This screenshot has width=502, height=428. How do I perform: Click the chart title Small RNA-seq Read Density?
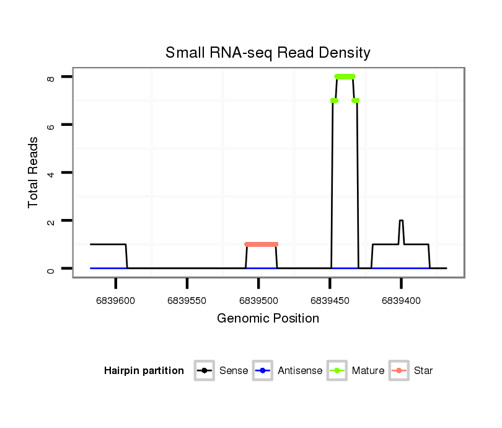(x=268, y=53)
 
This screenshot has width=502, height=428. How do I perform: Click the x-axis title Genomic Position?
(x=268, y=319)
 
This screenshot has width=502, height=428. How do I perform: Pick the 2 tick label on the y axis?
(x=51, y=221)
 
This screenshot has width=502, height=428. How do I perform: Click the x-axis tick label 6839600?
(x=116, y=301)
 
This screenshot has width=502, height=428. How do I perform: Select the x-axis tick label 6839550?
(x=187, y=301)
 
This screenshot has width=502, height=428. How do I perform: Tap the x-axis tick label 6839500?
(x=258, y=301)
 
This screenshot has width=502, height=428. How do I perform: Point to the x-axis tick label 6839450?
(x=330, y=301)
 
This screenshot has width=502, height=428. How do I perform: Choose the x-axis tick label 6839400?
(x=401, y=301)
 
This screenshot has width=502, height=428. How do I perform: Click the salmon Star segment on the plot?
(x=261, y=244)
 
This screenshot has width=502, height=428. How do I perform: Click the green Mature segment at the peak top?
(x=345, y=76)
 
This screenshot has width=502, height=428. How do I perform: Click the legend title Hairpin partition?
(x=144, y=371)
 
